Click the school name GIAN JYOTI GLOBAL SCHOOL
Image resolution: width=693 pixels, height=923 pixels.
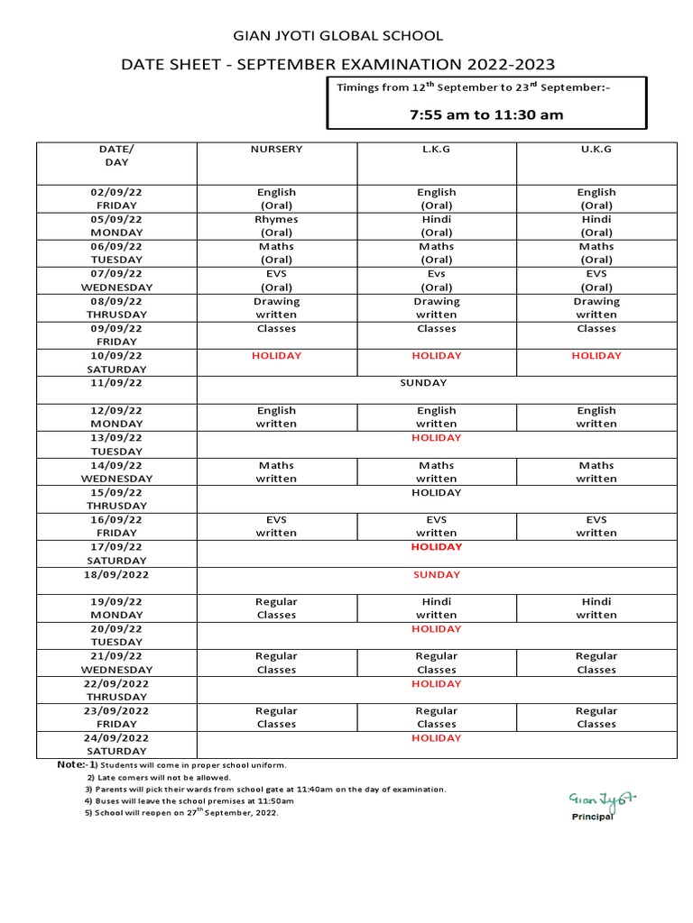point(338,36)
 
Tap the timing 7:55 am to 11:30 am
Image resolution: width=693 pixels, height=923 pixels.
point(486,114)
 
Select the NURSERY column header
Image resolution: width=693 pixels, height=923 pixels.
point(276,149)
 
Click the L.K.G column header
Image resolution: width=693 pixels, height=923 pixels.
point(437,149)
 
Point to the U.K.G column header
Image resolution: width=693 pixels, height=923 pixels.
point(596,149)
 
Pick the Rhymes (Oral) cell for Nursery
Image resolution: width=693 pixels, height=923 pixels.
point(276,226)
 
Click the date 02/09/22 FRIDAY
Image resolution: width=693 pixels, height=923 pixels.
point(116,198)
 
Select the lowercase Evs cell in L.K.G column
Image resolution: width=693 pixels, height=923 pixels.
point(437,280)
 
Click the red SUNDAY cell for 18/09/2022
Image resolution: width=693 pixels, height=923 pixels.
point(437,574)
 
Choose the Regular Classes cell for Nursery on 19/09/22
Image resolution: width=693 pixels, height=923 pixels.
point(276,608)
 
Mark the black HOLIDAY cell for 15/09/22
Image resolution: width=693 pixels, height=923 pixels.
point(437,492)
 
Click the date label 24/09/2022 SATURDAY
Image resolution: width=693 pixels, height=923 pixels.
point(116,744)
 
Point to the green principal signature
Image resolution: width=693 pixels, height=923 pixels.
point(602,799)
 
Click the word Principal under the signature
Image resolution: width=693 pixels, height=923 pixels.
point(593,817)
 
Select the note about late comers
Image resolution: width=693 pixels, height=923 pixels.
point(159,777)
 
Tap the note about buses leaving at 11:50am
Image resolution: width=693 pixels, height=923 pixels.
point(189,800)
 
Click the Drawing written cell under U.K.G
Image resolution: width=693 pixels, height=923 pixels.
point(596,307)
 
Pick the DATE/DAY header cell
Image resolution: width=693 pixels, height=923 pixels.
point(116,156)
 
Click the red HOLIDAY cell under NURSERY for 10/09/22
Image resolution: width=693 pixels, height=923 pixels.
point(276,356)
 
